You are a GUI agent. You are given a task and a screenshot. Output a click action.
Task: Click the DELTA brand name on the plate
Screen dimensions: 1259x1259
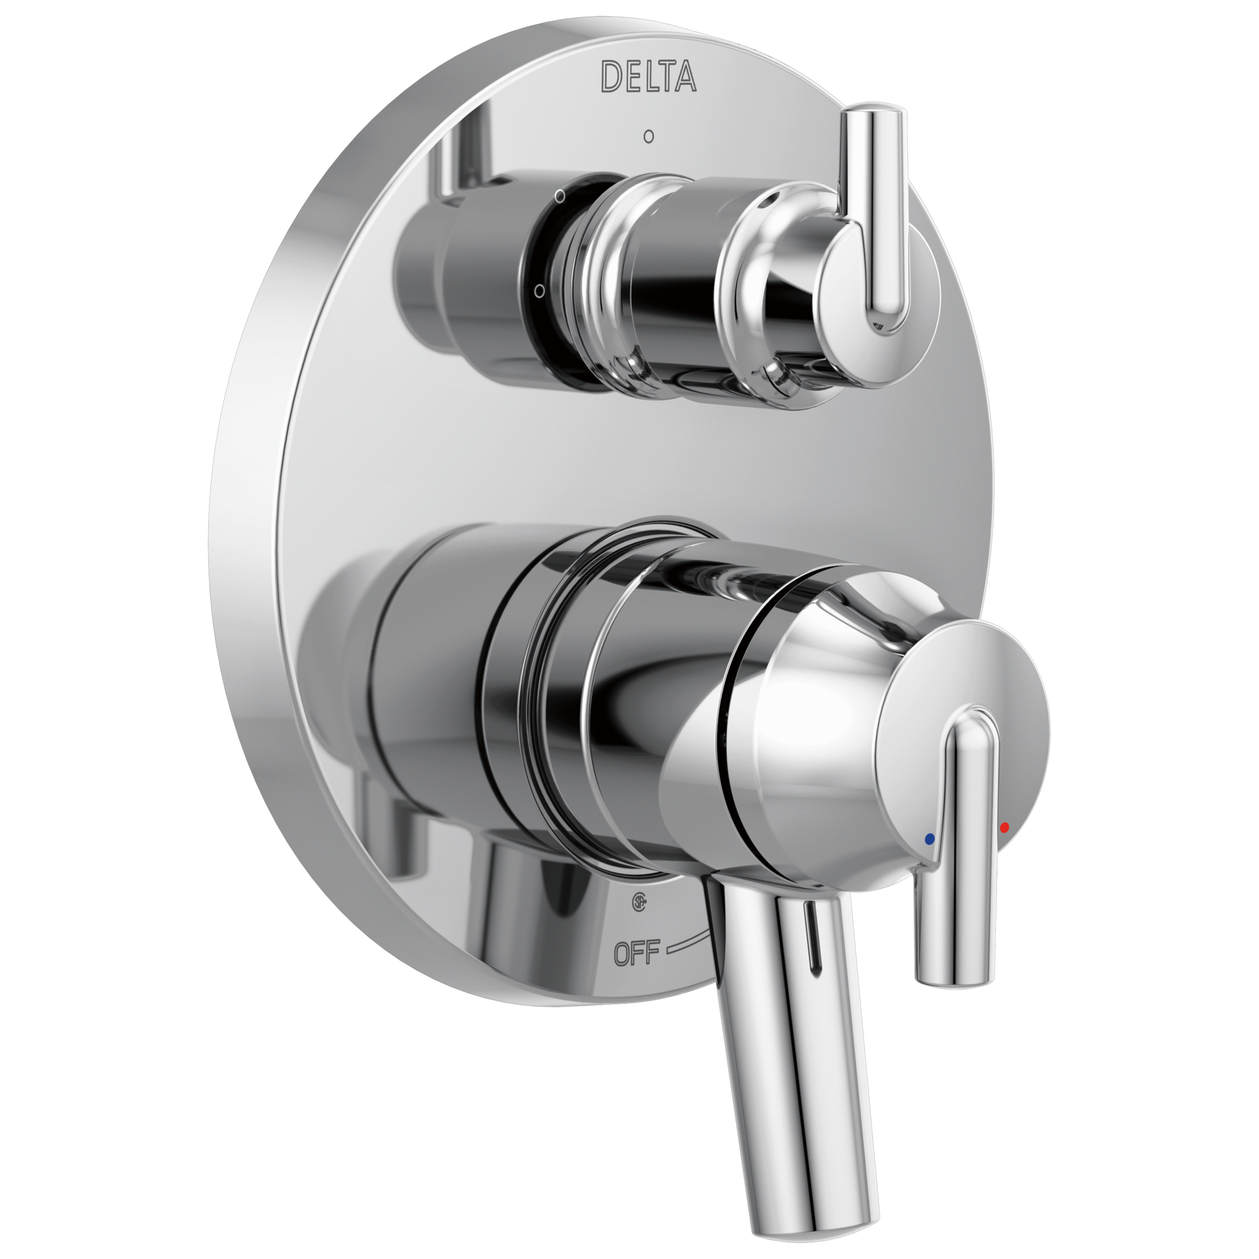point(648,76)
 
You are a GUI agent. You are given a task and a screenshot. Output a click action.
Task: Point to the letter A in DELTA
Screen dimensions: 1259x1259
point(684,76)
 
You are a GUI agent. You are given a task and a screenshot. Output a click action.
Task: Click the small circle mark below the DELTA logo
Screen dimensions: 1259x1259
point(648,137)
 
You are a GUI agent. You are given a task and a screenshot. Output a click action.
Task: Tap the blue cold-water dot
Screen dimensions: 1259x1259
point(929,838)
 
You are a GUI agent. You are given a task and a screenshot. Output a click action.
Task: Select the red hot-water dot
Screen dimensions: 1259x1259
point(1004,828)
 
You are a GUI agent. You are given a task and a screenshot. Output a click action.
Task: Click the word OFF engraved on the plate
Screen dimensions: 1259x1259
point(636,952)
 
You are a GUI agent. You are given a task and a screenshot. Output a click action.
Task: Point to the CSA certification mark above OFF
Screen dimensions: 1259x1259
point(638,902)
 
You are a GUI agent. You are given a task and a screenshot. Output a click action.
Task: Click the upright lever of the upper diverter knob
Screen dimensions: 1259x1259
point(876,222)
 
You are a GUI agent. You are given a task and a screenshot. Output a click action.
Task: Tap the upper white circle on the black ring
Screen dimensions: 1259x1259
point(559,195)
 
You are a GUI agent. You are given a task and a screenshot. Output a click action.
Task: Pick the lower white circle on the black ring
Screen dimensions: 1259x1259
point(539,291)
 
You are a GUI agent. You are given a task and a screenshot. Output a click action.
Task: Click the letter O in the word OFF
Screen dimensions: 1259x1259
point(623,954)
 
